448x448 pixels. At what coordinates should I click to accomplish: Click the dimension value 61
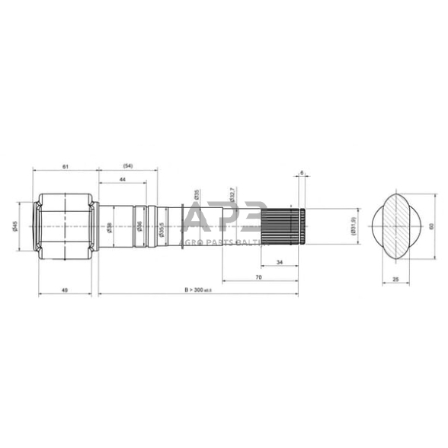tap(65, 165)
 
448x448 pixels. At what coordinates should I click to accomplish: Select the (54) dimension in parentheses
tap(127, 165)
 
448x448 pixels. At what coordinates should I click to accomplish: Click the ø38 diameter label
tap(110, 226)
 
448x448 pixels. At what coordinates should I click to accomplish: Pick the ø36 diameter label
tap(139, 226)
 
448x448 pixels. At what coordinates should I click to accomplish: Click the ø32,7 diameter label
tap(232, 196)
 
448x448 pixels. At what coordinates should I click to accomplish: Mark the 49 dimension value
tap(65, 290)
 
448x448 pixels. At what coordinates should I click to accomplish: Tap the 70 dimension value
tap(259, 277)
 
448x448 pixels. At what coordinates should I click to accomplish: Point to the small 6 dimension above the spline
tap(302, 174)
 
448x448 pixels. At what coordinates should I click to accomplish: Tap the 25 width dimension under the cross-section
tap(395, 279)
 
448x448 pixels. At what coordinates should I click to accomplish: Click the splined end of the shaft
tap(283, 226)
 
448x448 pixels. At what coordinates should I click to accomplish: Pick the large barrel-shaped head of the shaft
tap(65, 226)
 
